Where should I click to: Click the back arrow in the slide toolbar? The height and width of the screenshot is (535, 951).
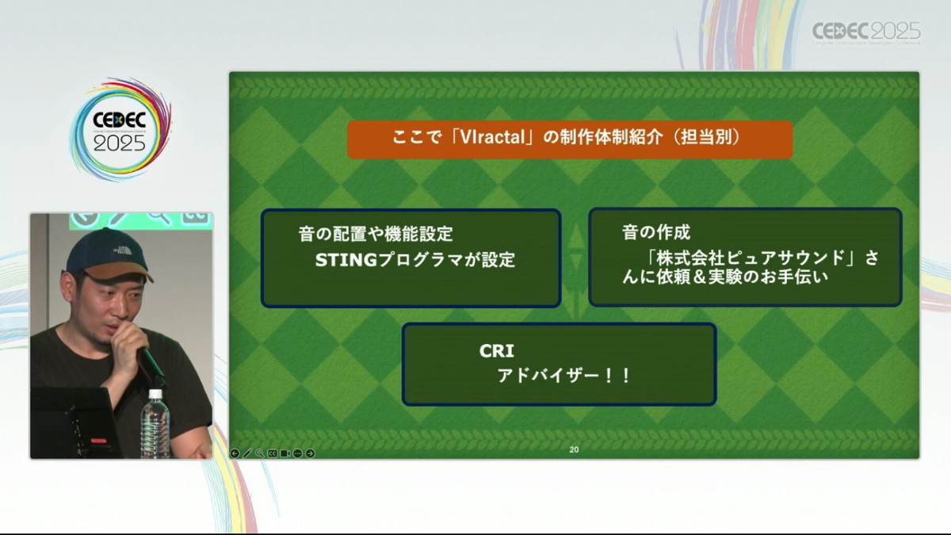[235, 453]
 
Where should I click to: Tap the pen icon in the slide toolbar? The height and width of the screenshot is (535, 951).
[247, 453]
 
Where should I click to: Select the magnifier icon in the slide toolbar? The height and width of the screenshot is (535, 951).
[259, 453]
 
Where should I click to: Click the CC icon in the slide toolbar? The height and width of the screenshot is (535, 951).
[273, 453]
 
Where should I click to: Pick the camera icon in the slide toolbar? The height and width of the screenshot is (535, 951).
[285, 453]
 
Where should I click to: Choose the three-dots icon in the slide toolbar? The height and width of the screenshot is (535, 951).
[298, 453]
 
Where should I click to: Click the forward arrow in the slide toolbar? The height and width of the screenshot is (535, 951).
[311, 453]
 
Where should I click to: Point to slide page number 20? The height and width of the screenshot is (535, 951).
[574, 449]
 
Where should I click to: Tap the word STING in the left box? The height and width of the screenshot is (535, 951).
[346, 260]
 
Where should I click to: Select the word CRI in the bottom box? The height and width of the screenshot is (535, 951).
[497, 350]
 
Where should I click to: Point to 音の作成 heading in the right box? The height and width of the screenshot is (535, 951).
[656, 232]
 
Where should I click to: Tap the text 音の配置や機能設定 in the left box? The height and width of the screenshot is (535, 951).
[376, 234]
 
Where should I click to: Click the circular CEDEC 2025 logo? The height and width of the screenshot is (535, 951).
[120, 129]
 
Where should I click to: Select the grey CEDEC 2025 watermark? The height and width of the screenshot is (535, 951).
[866, 32]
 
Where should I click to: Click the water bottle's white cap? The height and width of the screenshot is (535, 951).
[155, 394]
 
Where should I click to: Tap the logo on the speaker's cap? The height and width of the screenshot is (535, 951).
[123, 250]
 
